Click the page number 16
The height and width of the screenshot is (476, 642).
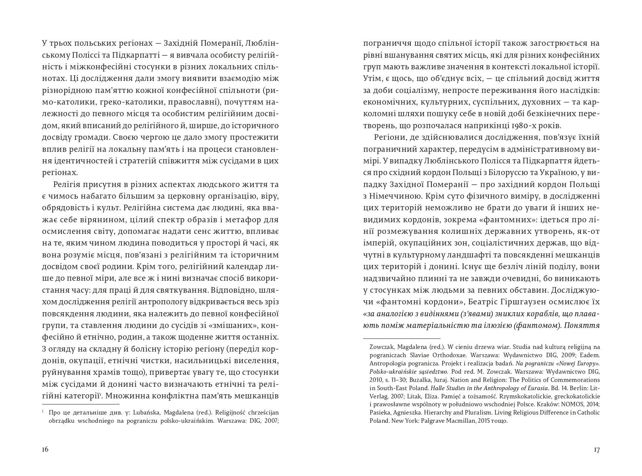[45, 450]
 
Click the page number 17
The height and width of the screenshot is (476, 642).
[597, 450]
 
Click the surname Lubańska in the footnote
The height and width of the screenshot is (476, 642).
[121, 412]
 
